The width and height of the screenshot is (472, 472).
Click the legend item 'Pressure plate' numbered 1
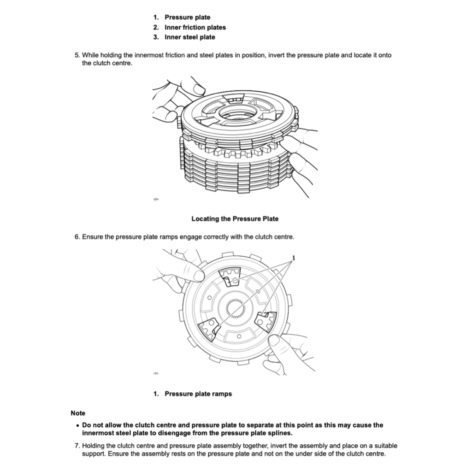(187, 18)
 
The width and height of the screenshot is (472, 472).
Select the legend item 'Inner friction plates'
(195, 27)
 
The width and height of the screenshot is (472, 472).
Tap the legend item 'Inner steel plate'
(189, 37)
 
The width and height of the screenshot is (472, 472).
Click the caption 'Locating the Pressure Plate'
(235, 218)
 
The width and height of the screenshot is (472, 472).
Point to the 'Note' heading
(78, 413)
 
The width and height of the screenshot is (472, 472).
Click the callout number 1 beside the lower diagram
(293, 257)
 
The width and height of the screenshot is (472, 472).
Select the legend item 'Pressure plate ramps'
(198, 394)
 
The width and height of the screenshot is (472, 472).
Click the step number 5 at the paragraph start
(77, 55)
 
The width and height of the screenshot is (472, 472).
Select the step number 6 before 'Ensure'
(77, 237)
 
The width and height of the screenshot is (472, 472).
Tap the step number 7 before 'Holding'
(77, 446)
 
